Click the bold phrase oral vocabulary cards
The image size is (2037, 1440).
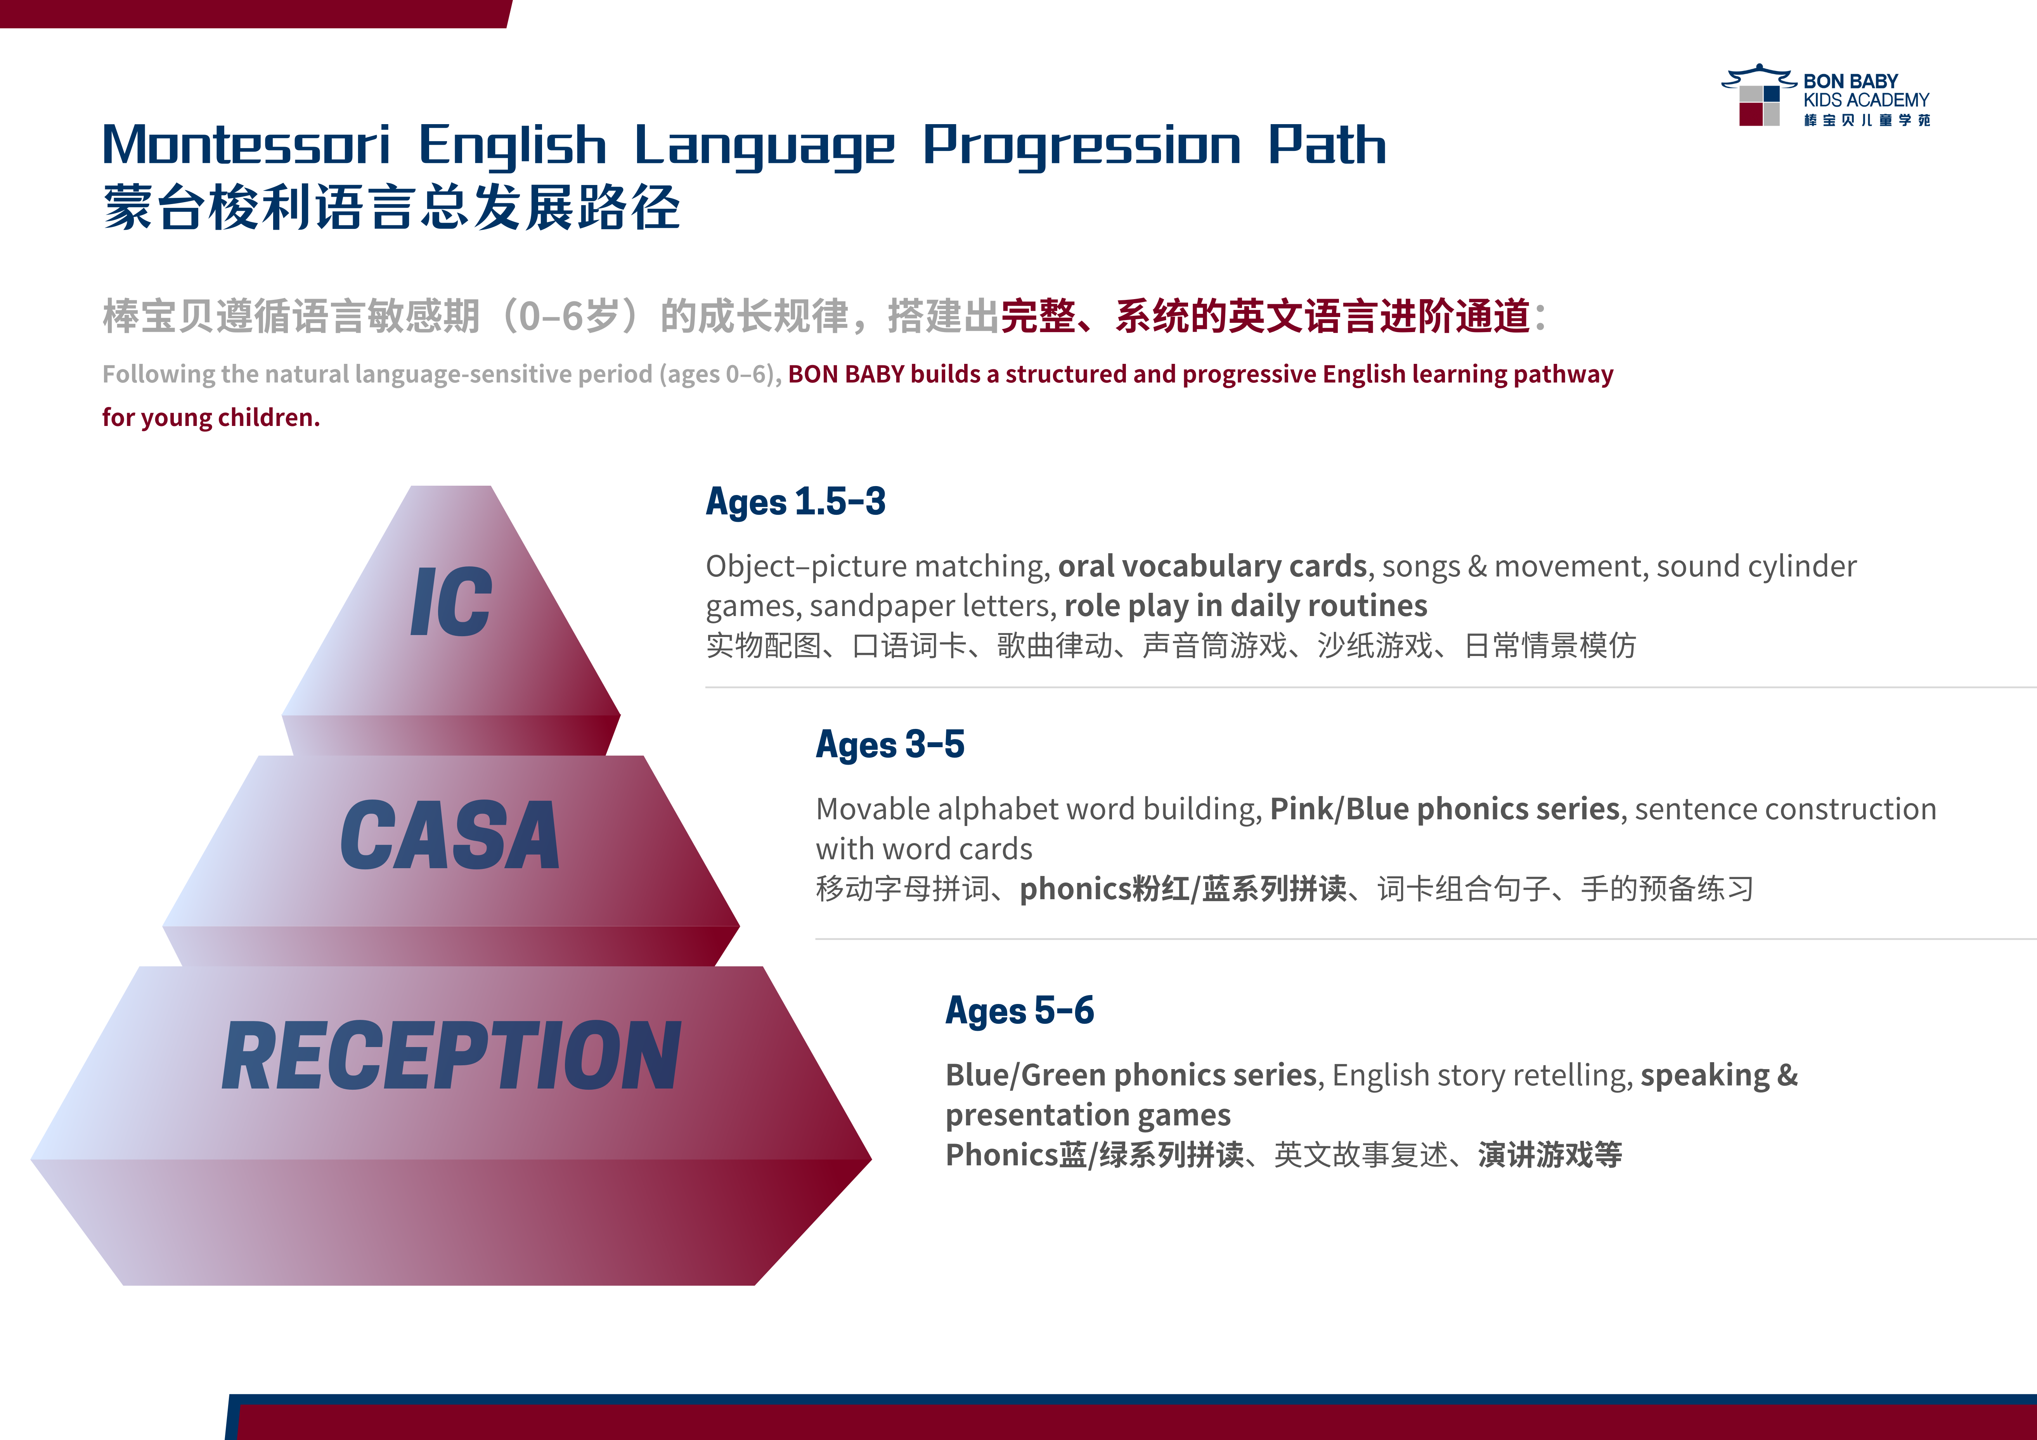click(x=1212, y=566)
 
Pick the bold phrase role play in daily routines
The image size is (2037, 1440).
click(x=1245, y=606)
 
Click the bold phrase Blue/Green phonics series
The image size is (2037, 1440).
click(x=1131, y=1075)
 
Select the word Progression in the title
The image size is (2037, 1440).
click(x=1081, y=146)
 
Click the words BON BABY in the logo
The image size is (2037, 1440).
click(x=1851, y=81)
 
